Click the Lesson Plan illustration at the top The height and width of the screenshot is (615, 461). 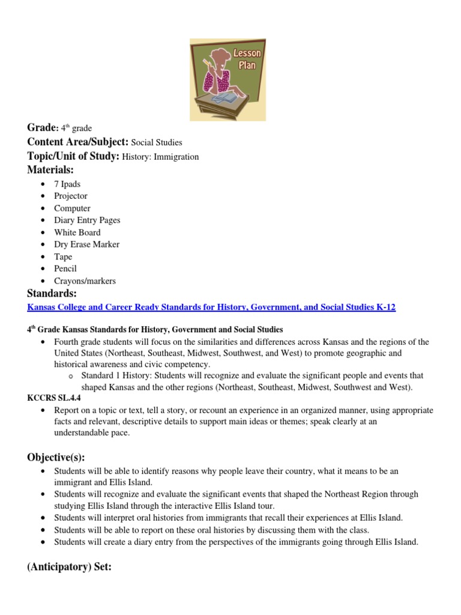coord(227,79)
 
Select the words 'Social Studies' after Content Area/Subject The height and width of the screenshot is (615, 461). coord(157,142)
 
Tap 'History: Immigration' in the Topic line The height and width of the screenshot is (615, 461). coord(160,157)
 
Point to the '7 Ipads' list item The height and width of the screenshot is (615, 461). coord(67,184)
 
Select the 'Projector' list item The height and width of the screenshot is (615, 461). coord(71,196)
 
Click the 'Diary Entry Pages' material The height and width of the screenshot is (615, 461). coord(87,220)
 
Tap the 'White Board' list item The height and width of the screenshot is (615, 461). coord(77,232)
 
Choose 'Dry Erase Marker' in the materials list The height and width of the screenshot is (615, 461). coord(86,244)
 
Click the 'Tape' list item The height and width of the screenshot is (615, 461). coord(63,256)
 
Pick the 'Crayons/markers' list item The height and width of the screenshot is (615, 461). coord(85,280)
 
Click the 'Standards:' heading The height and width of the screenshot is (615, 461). coord(52,294)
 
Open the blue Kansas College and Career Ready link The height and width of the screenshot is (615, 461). coord(211,307)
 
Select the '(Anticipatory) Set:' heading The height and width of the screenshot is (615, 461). coord(70,567)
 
